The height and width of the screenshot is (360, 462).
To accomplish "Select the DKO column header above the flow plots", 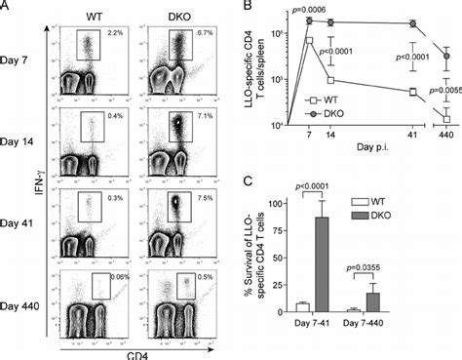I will [x=168, y=17].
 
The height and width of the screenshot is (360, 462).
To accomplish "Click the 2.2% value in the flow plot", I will [x=112, y=36].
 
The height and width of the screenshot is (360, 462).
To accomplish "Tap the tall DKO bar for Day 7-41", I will [x=345, y=264].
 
